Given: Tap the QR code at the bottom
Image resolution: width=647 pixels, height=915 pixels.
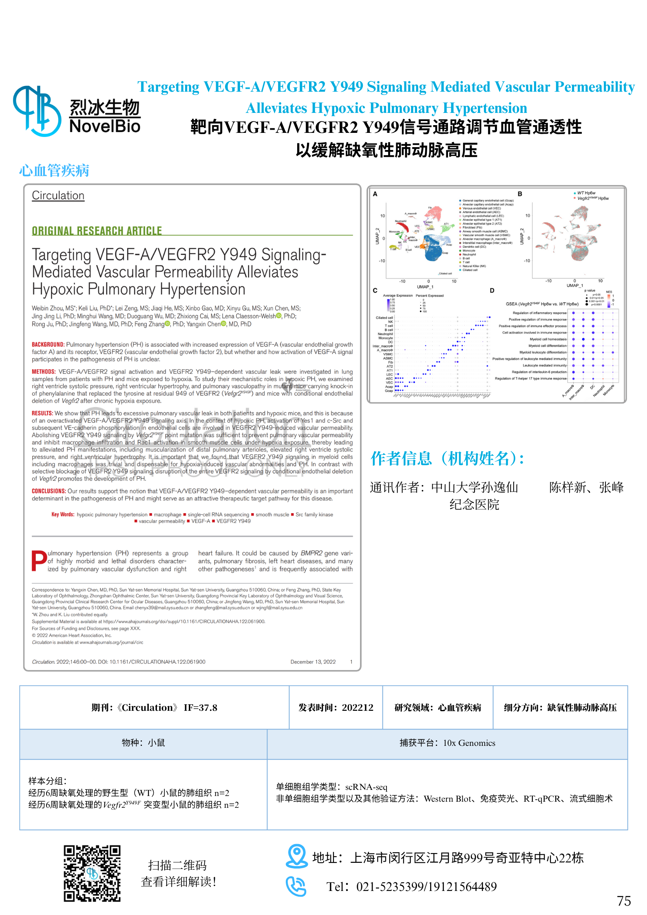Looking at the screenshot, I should coord(92,873).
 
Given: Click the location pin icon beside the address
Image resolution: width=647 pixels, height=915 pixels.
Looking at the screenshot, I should coord(296,855).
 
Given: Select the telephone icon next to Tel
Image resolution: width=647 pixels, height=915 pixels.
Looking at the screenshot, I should coord(296,886).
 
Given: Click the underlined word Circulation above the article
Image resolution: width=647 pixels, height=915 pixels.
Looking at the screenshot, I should coord(58,196).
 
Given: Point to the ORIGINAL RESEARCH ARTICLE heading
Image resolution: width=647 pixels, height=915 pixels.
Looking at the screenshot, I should coord(97,231).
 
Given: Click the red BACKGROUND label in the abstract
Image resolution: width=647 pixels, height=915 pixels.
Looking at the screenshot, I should coord(48,344).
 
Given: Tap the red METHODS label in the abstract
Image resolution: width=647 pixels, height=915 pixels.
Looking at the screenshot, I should coord(44,372).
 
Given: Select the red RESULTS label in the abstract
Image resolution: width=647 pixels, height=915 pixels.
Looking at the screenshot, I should coord(42,413).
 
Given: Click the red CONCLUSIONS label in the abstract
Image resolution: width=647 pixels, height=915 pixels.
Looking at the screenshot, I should coord(49,491).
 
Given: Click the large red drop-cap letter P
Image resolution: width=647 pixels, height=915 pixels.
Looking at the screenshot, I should coord(39,561).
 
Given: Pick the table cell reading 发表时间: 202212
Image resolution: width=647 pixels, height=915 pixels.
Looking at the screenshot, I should coord(336,708).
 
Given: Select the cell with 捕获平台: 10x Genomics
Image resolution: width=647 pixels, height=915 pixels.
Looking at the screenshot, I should coord(447,743).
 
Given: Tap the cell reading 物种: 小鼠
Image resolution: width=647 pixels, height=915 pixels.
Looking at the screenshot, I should coord(143,743).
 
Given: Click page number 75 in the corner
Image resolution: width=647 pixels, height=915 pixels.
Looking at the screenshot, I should coord(624,901).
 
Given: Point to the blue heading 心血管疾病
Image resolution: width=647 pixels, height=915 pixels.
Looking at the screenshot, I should coord(54,170).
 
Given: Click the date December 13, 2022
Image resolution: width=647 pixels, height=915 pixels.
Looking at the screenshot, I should coord(313,662).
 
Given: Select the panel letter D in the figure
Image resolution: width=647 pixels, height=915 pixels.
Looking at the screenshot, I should coord(492,291).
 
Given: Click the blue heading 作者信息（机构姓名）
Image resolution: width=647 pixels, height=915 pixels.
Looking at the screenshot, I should coord(447,459).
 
